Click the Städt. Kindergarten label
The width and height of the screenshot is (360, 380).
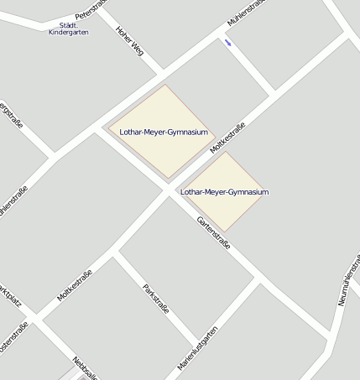tap(69, 28)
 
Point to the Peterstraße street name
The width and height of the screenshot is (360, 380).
tap(92, 9)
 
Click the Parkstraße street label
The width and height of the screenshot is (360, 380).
tap(156, 299)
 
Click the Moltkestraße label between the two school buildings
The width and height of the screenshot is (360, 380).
tap(227, 138)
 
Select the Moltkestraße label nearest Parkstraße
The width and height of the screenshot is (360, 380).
tap(75, 284)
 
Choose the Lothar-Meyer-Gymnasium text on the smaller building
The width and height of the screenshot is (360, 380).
tap(225, 192)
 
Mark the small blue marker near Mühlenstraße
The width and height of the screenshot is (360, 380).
tap(227, 42)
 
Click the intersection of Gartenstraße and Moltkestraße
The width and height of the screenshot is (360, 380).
tap(166, 190)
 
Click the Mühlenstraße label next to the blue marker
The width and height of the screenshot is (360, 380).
tap(246, 14)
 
